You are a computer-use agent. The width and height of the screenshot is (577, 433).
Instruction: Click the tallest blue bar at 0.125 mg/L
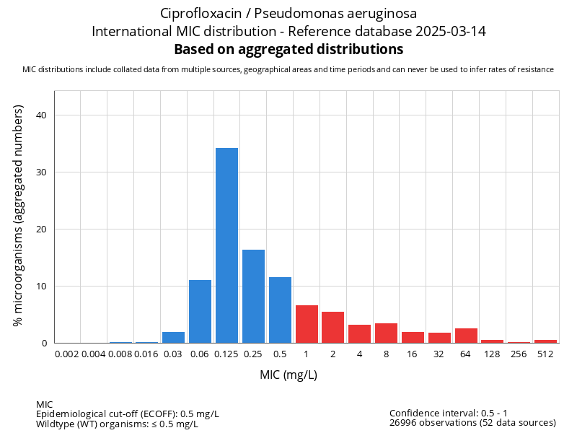click(226, 245)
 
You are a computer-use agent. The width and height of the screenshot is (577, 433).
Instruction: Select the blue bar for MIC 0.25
click(253, 296)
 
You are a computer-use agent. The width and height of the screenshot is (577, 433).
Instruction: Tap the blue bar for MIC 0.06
click(200, 311)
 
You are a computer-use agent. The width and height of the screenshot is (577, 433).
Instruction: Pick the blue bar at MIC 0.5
click(280, 310)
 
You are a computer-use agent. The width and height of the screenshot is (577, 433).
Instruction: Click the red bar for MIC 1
click(307, 324)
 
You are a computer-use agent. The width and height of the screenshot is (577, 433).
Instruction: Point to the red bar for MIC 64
click(466, 336)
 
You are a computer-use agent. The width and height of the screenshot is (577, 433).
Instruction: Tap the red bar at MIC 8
click(387, 333)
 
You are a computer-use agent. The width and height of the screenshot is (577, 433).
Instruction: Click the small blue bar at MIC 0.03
click(173, 337)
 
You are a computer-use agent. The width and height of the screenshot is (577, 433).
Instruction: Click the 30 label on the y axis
click(41, 172)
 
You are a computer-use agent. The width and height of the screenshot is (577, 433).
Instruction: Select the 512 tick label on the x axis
click(545, 354)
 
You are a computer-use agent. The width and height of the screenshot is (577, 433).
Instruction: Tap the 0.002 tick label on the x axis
click(67, 354)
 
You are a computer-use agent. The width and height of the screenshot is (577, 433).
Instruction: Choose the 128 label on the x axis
click(492, 354)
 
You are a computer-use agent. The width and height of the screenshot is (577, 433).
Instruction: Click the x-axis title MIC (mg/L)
click(288, 375)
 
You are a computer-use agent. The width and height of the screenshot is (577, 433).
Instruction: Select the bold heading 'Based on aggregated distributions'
click(288, 50)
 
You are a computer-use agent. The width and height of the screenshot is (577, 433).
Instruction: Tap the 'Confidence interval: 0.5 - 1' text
click(449, 413)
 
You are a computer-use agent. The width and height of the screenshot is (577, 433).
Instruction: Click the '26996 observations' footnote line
click(472, 423)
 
